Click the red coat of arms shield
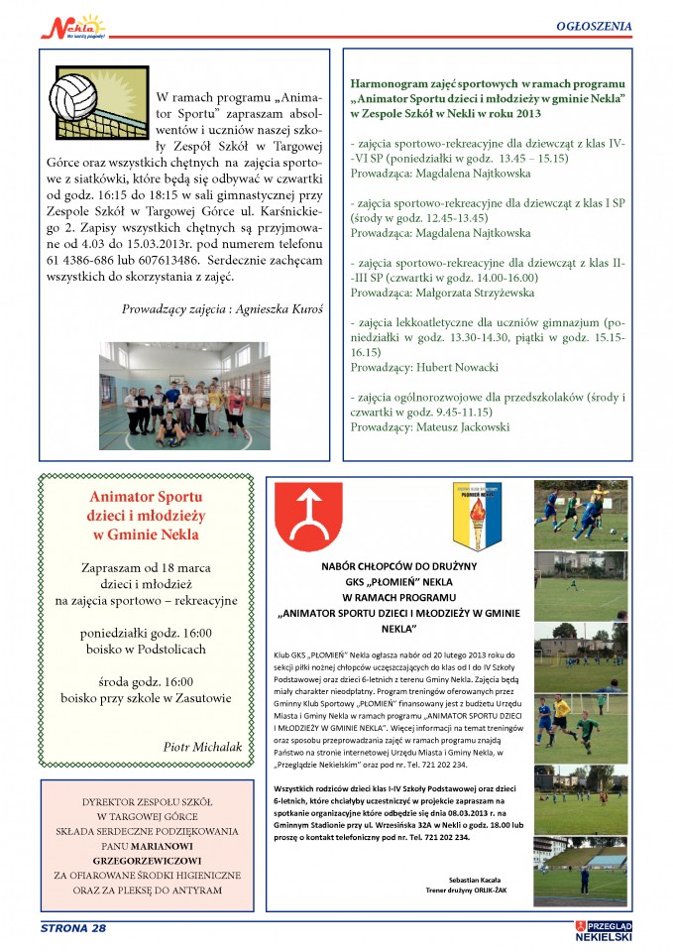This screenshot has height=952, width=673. [x=312, y=516]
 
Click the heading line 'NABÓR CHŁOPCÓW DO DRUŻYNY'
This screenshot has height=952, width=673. [x=401, y=568]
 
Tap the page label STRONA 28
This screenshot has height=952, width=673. [x=73, y=927]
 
